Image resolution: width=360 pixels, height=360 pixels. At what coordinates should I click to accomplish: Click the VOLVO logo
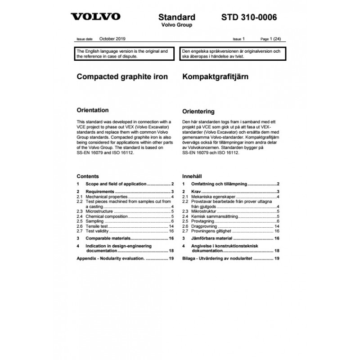coord(96,17)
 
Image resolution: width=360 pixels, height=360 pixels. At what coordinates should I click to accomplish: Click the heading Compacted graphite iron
coord(122,77)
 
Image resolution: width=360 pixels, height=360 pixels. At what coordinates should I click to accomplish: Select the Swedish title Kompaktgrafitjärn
coord(215,77)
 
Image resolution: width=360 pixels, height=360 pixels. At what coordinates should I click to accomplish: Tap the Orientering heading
coord(198,111)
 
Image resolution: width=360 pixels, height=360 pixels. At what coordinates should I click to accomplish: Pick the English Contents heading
coord(88,176)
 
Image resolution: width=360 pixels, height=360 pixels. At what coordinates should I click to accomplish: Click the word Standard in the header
coord(177,18)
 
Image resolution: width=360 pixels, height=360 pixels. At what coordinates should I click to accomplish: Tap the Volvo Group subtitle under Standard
coord(177,25)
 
